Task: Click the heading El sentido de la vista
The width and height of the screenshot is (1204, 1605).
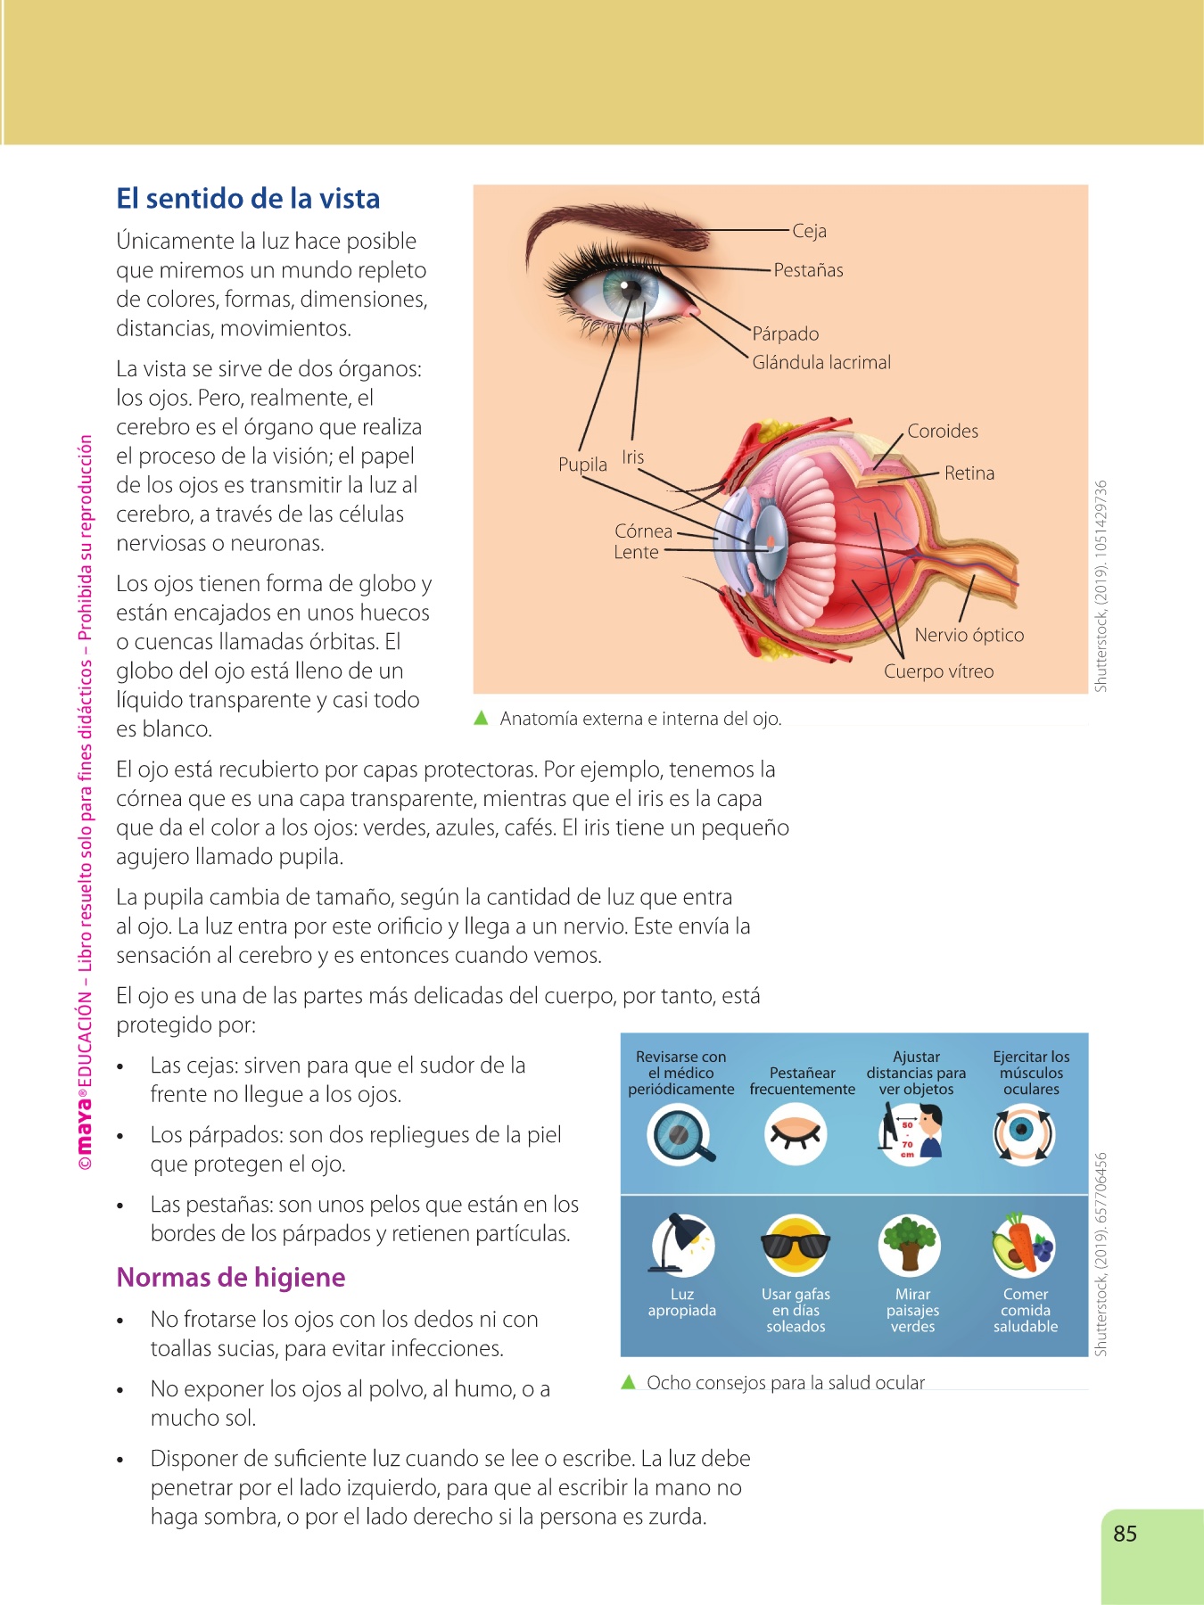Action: click(248, 198)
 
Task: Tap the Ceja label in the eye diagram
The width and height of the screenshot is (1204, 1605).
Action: click(809, 231)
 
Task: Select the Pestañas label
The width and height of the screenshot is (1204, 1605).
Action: click(808, 270)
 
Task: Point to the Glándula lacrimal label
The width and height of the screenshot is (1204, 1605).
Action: click(821, 362)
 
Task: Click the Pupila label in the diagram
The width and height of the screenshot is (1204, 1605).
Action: click(582, 465)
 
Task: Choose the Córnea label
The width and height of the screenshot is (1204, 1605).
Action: click(643, 531)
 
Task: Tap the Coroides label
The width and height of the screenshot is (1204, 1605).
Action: click(942, 431)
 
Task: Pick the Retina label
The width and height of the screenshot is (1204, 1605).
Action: click(969, 473)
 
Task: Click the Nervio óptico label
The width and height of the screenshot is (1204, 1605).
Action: click(969, 635)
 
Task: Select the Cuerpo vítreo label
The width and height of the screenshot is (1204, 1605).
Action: click(938, 671)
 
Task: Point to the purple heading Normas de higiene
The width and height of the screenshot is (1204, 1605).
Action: click(231, 1277)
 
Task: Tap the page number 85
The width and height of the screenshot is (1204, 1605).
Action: click(1125, 1533)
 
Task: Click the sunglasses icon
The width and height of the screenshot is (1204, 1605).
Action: click(796, 1245)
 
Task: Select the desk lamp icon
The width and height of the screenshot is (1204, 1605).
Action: click(681, 1244)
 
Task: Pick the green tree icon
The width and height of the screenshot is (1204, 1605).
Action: click(909, 1244)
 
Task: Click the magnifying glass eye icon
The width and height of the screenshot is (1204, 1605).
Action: click(680, 1135)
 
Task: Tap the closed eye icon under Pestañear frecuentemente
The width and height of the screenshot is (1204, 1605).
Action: click(796, 1135)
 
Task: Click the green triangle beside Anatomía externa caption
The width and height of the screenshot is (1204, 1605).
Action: click(482, 718)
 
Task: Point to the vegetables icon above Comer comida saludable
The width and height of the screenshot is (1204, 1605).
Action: click(1024, 1244)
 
